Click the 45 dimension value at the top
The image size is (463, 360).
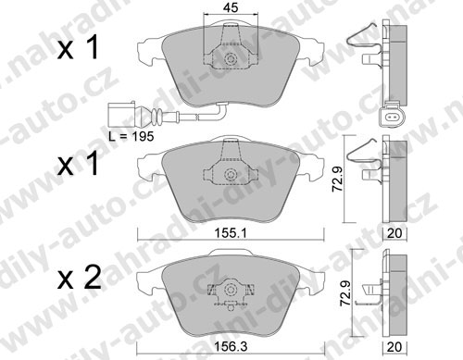[231, 7]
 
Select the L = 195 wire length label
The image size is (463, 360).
[131, 136]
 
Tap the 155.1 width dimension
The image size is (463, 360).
[231, 233]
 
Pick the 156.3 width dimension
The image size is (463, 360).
[231, 347]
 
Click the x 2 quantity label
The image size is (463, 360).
[80, 278]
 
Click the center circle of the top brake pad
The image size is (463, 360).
[231, 59]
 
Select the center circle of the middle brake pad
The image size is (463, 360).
[231, 175]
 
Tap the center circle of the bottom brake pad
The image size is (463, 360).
[231, 289]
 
